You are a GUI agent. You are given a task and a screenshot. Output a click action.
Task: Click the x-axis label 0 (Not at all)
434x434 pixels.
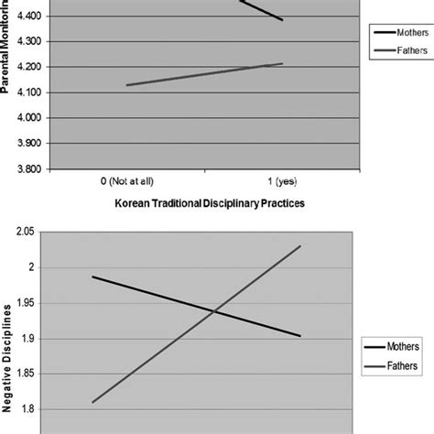(x=125, y=181)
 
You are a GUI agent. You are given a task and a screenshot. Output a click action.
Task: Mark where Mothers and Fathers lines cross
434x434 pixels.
(x=214, y=311)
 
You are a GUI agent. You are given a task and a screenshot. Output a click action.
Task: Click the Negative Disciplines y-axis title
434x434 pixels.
(x=9, y=353)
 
